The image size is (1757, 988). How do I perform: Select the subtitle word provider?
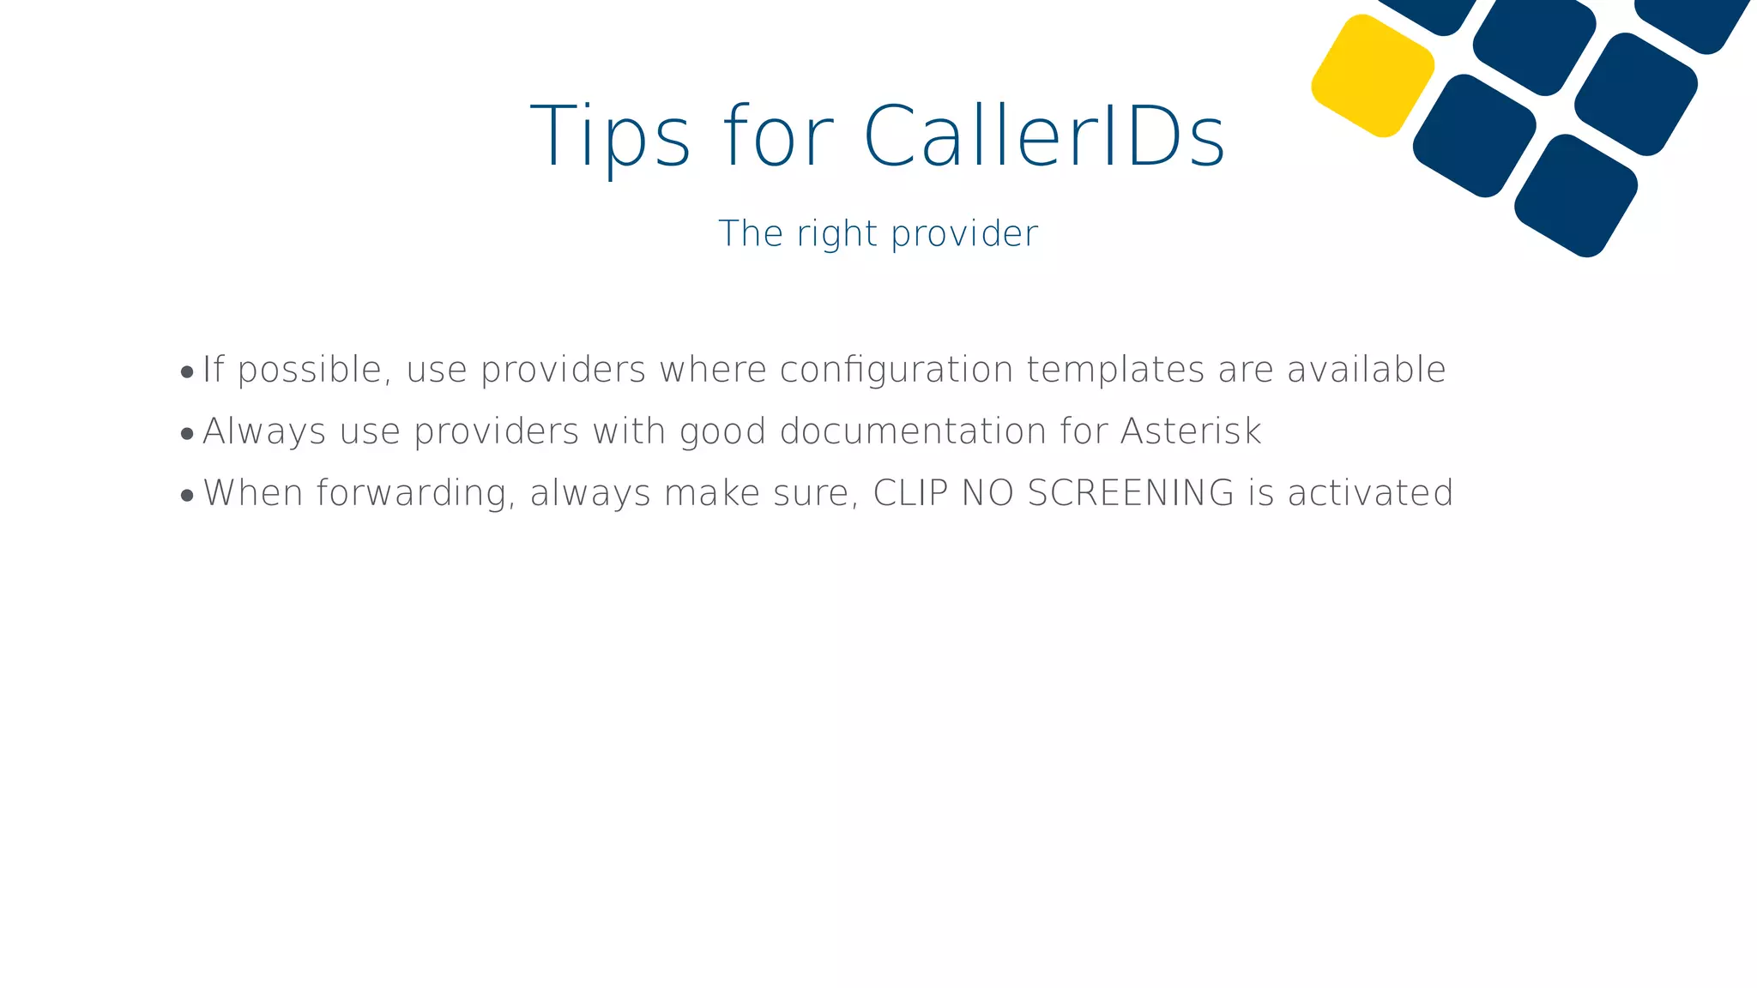tap(964, 234)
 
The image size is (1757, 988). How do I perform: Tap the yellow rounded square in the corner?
tap(1373, 75)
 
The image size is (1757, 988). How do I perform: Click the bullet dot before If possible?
tap(187, 372)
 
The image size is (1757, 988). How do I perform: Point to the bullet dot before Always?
tap(187, 434)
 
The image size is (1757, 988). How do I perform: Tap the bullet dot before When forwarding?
tap(187, 496)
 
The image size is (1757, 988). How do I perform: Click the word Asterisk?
tap(1191, 431)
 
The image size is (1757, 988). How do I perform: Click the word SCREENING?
tap(1131, 493)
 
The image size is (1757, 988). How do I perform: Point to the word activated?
tap(1370, 493)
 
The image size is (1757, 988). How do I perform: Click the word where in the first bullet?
tap(712, 370)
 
